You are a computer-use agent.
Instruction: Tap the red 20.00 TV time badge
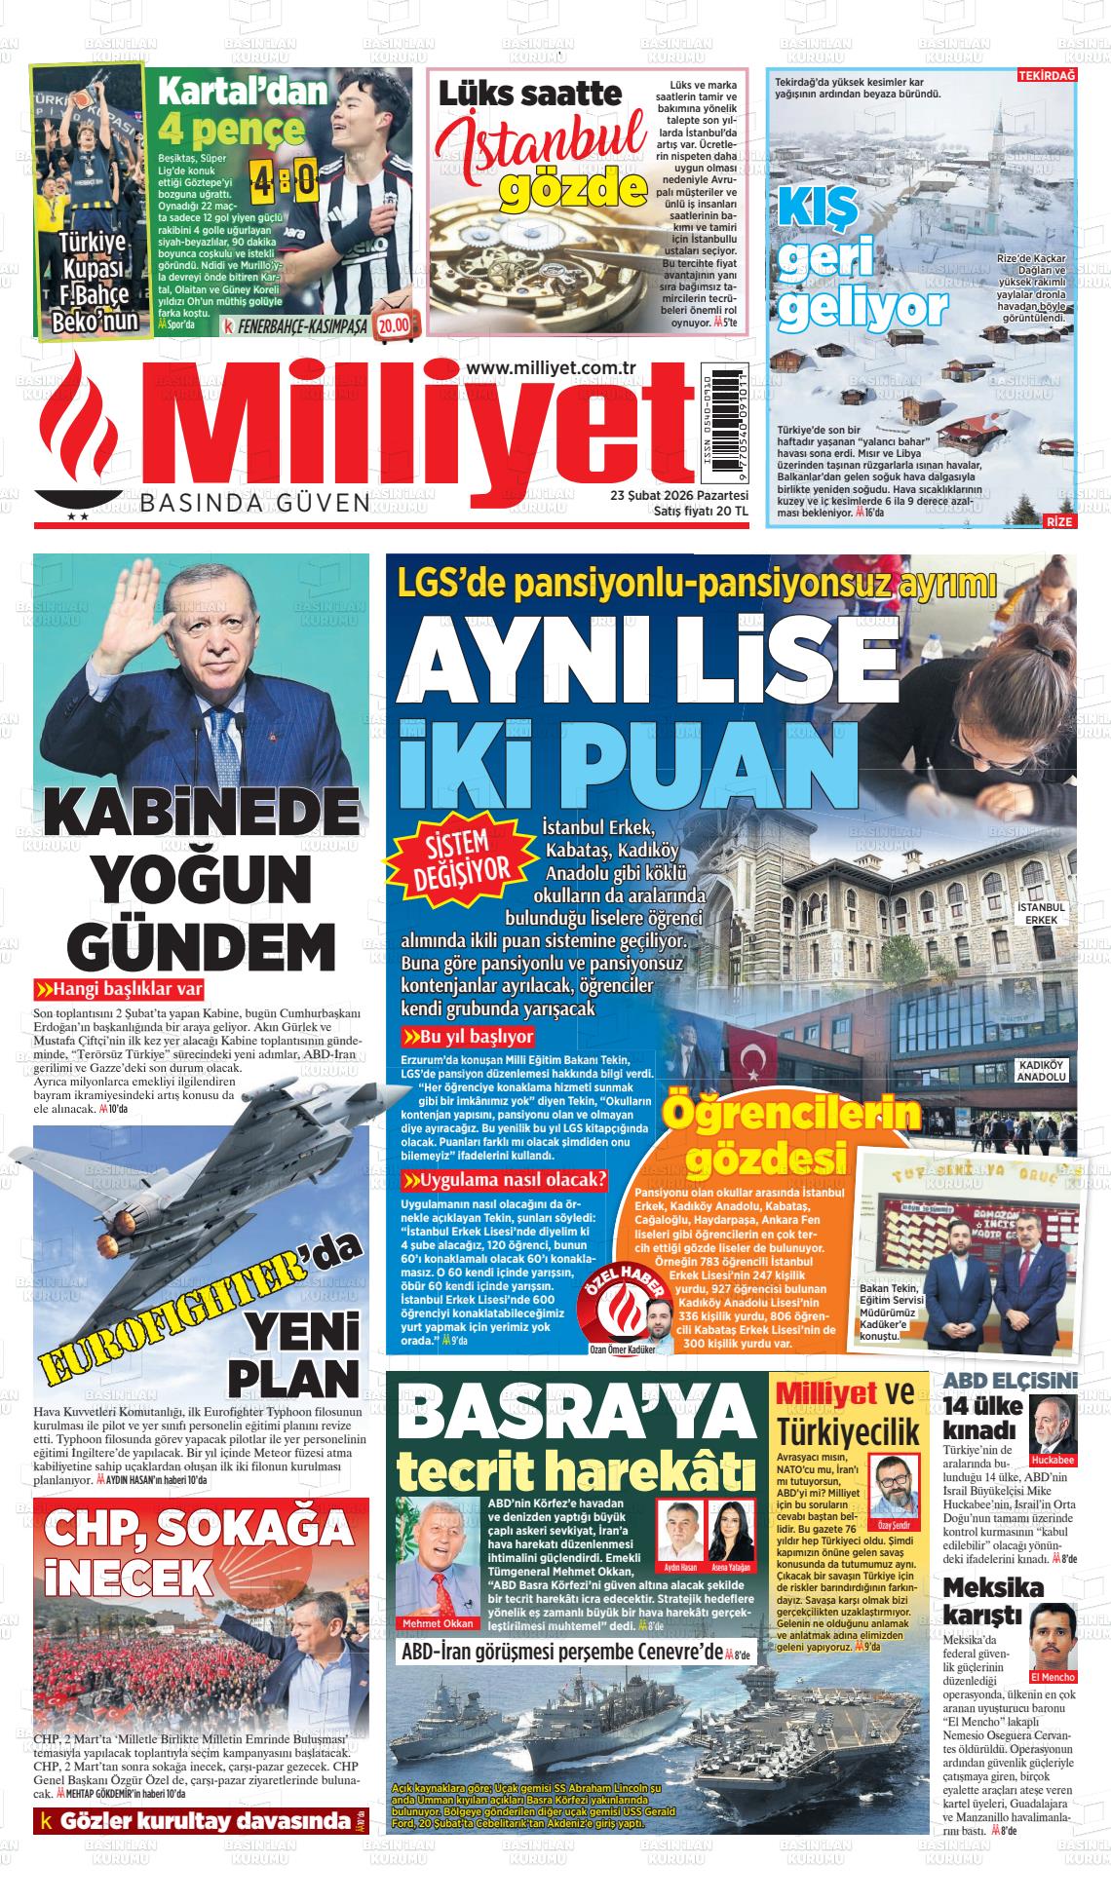396,325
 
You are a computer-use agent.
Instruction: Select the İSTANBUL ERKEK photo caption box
1042,912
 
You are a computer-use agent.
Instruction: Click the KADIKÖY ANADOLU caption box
1042,1070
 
